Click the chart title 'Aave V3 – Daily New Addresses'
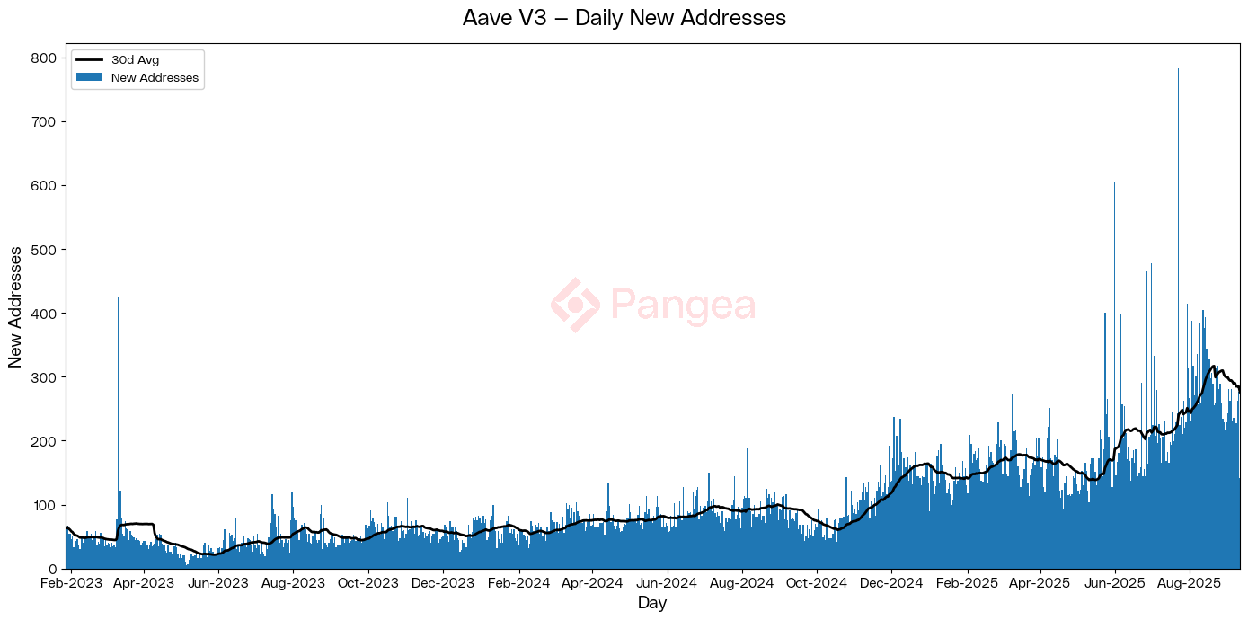(624, 18)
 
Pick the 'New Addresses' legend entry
(155, 78)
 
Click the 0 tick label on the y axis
(52, 569)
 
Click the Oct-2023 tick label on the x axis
(367, 583)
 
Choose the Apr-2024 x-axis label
(592, 583)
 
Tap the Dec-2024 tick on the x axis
(891, 583)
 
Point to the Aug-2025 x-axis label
(1190, 583)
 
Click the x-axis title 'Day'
(652, 603)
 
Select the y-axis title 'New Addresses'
(15, 306)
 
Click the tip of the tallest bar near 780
(1178, 69)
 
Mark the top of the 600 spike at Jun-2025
(1114, 183)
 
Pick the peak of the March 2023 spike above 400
(118, 297)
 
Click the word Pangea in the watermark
(683, 306)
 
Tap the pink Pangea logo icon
(575, 306)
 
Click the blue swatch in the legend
(88, 78)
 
